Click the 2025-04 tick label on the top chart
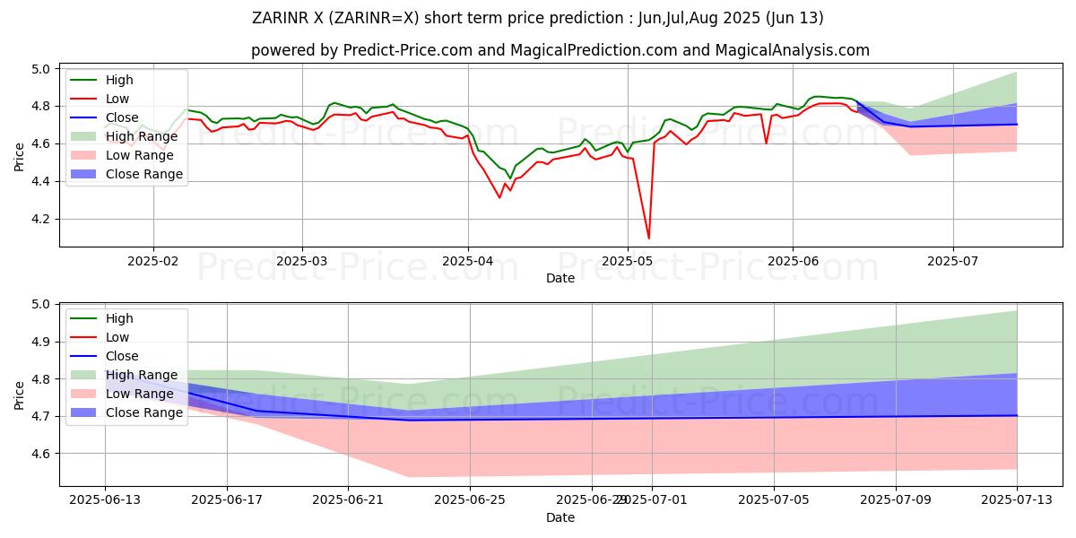467,261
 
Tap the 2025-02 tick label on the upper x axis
153,261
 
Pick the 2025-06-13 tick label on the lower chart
105,500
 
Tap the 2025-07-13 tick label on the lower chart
1017,500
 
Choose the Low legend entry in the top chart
117,99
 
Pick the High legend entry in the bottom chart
118,318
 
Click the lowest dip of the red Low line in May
648,238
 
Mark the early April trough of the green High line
509,178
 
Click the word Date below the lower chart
560,517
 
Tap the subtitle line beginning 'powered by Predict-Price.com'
560,50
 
